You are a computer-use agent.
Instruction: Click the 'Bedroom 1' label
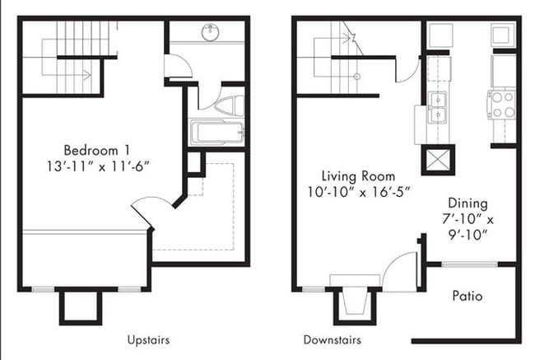(x=97, y=150)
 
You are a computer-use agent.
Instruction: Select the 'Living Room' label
(x=358, y=175)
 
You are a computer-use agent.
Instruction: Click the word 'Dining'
(x=468, y=203)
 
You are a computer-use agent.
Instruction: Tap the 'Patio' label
(x=467, y=296)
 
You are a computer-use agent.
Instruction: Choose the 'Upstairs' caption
(x=149, y=339)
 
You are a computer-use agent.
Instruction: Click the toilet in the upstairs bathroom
(x=226, y=106)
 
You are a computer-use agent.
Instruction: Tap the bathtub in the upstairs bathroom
(x=216, y=133)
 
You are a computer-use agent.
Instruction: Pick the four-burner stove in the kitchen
(x=503, y=105)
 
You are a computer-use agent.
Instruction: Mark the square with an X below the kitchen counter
(x=437, y=158)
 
